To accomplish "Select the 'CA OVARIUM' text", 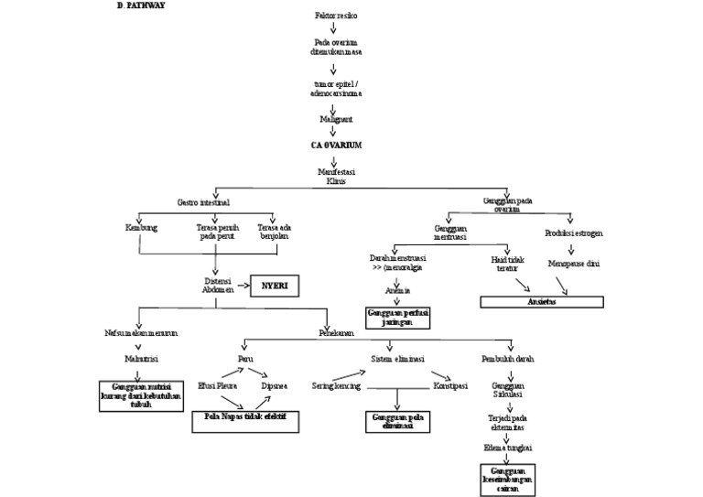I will point(333,145).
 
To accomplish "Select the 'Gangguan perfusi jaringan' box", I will point(398,317).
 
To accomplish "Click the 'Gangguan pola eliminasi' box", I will point(395,420).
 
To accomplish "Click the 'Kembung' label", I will point(141,228).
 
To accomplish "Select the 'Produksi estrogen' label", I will point(574,232).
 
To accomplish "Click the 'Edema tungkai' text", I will point(507,446).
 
